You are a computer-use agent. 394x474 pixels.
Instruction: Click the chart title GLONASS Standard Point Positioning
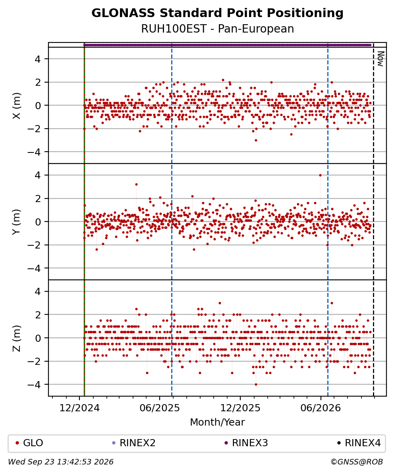tap(217, 13)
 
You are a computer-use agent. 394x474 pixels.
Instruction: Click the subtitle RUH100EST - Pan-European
tap(217, 29)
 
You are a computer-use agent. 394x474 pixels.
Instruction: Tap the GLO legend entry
tap(29, 443)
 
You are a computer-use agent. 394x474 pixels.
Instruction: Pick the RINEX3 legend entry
tap(246, 443)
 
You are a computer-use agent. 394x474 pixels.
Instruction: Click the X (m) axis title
tap(17, 106)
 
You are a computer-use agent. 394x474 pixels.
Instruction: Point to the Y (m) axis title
tap(17, 222)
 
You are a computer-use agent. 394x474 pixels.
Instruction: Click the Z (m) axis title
tap(17, 338)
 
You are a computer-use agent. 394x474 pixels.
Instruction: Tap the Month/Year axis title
tap(217, 422)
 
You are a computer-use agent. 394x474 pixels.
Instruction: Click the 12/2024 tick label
tap(79, 408)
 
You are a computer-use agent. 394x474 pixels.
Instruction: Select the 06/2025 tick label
tap(160, 408)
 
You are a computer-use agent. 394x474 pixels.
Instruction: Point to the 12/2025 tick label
tap(240, 408)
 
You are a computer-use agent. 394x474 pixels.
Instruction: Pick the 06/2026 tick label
tap(321, 408)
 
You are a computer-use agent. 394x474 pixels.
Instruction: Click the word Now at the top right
tap(381, 59)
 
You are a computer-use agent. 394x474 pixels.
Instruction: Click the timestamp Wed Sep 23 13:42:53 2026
tap(61, 462)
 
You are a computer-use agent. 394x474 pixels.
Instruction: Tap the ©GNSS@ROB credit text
tap(357, 462)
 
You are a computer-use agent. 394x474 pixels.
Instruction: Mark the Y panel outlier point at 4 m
tap(320, 175)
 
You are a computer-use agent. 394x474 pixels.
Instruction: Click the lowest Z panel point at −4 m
tap(256, 385)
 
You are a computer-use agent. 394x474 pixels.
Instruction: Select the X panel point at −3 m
tap(256, 140)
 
